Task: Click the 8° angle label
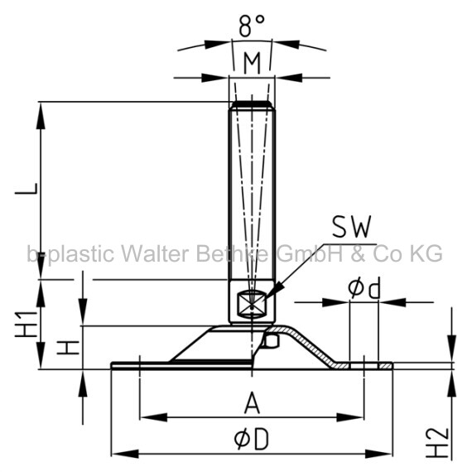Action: [x=252, y=26]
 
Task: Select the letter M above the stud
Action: [x=252, y=64]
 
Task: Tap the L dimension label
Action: [x=26, y=189]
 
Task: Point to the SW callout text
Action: [x=351, y=226]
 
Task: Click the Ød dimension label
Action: [x=364, y=287]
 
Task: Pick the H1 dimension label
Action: [x=26, y=325]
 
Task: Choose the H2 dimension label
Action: [x=437, y=443]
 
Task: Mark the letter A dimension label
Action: [x=252, y=402]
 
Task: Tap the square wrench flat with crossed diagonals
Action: [x=251, y=304]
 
